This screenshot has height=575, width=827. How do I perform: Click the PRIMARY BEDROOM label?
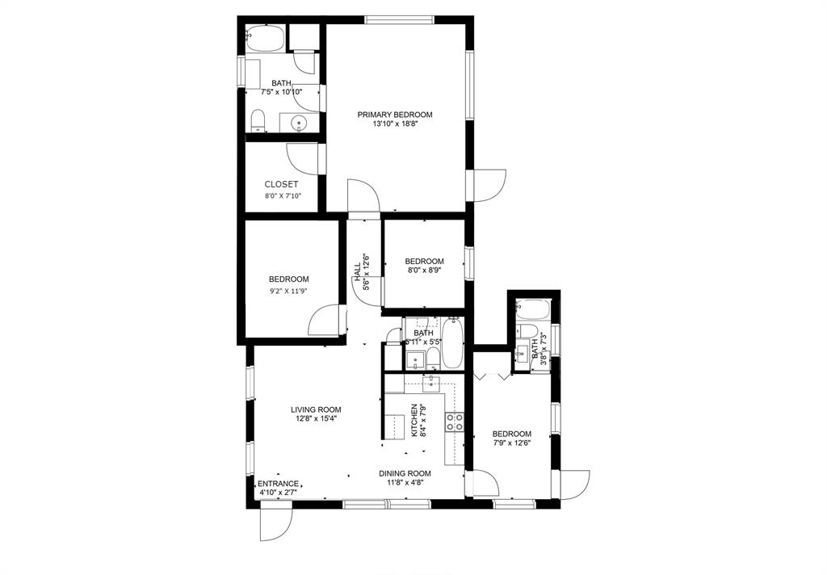pos(394,115)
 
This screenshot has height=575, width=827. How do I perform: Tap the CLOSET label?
pos(281,185)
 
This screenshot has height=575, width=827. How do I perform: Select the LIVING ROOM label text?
pos(316,409)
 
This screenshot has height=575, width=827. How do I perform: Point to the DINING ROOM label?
pos(405,473)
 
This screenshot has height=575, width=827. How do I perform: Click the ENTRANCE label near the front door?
pos(278,484)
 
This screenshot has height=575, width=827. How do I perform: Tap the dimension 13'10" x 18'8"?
pos(395,124)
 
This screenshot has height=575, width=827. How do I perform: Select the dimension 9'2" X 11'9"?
pos(288,289)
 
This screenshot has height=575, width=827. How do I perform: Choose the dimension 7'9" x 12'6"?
pos(511,443)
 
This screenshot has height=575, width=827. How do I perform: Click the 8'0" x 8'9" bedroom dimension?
pos(424,270)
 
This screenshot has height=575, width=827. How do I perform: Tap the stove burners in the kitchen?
pos(455,422)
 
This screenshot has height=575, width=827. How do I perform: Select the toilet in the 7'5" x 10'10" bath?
pos(258,121)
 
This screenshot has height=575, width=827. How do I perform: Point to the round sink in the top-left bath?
pos(299,124)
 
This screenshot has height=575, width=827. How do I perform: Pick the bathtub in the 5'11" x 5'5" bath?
pos(452,343)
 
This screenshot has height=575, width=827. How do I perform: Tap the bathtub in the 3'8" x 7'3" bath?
pos(533,309)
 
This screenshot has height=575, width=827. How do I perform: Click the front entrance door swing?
pos(276,525)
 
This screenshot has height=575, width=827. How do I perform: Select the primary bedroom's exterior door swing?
pos(490,185)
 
